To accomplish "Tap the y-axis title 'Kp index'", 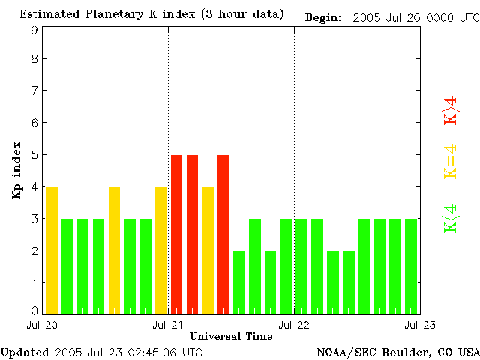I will pyautogui.click(x=16, y=170).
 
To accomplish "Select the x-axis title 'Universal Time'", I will pyautogui.click(x=231, y=336).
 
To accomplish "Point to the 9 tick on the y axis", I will pyautogui.click(x=34, y=31).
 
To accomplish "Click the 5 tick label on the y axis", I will pyautogui.click(x=34, y=155).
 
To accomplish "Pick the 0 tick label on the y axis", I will pyautogui.click(x=34, y=310).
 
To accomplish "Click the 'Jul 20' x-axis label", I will pyautogui.click(x=42, y=325).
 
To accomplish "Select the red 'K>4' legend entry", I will pyautogui.click(x=451, y=110).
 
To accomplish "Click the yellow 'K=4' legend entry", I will pyautogui.click(x=451, y=162).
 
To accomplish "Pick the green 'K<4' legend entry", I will pyautogui.click(x=451, y=219).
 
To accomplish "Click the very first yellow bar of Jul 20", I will pyautogui.click(x=52, y=250).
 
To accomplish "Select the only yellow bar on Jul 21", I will pyautogui.click(x=208, y=250).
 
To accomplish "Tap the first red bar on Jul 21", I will pyautogui.click(x=177, y=234).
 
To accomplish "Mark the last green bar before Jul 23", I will pyautogui.click(x=411, y=266).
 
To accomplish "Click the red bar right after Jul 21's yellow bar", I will pyautogui.click(x=223, y=234).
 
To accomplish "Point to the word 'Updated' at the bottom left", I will pyautogui.click(x=25, y=352).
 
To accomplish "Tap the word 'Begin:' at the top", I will pyautogui.click(x=323, y=17).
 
